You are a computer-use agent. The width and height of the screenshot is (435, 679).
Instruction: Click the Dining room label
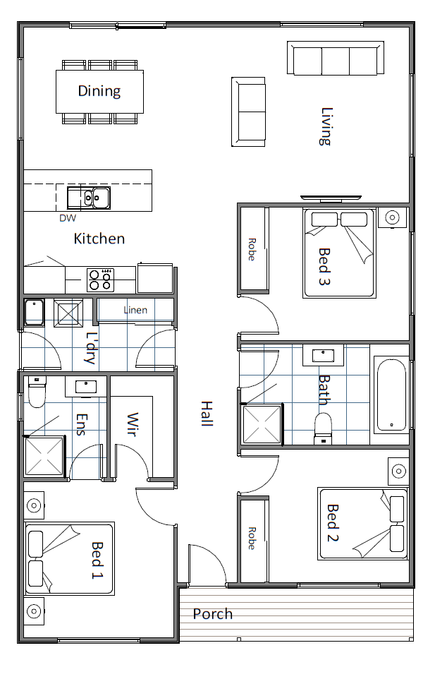point(99,91)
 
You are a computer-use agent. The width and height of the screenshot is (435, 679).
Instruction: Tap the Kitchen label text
point(99,239)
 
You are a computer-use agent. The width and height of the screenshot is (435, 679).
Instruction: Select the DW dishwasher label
point(68,218)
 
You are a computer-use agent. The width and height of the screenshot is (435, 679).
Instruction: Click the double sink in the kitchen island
point(89,198)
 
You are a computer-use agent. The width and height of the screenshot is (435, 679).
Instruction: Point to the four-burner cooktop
point(101,280)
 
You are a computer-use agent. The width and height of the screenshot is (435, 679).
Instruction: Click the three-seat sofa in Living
point(336,58)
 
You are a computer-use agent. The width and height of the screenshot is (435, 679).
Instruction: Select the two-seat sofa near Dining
point(248,112)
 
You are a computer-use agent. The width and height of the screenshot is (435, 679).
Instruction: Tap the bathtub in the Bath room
point(392,395)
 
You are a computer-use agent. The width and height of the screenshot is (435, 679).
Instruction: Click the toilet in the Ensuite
point(37,391)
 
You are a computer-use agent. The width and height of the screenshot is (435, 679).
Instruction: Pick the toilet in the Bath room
point(323,428)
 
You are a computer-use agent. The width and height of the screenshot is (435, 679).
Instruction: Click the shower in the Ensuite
point(44,457)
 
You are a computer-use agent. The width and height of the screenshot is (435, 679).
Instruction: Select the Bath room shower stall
point(262,424)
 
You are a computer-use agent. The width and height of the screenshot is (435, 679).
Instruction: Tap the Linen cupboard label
point(135,310)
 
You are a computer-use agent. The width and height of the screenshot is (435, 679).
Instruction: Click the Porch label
point(213,613)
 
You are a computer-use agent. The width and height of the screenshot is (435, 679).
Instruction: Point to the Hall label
point(207,414)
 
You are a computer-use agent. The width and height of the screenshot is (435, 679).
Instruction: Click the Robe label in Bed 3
point(252,249)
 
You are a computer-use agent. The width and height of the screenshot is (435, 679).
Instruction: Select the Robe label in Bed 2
point(252,539)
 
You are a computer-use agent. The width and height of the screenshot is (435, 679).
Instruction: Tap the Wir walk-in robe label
point(133,424)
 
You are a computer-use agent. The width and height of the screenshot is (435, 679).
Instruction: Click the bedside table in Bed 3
point(392,217)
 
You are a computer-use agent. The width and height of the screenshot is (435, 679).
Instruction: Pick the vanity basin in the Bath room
point(323,356)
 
